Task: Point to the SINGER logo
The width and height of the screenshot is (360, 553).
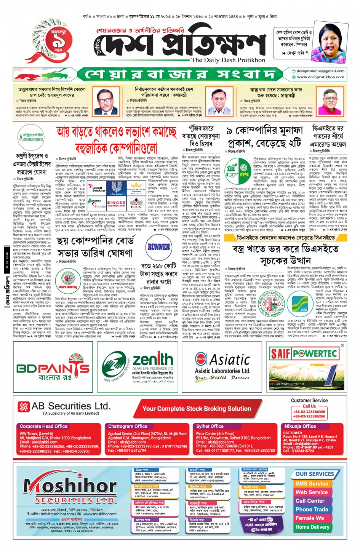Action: click(116, 203)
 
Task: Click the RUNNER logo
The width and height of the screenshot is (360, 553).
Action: click(158, 248)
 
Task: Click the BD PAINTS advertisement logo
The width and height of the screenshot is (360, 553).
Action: click(53, 369)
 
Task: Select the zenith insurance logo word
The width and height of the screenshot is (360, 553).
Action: click(152, 359)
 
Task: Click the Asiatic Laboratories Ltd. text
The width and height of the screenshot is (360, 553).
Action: click(222, 371)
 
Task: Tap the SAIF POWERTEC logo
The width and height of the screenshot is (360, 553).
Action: click(304, 353)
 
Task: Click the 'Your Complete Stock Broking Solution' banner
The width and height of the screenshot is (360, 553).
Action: click(197, 409)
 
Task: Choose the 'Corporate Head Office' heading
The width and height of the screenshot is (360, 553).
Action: click(43, 426)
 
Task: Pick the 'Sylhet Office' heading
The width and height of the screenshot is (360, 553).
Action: click(210, 426)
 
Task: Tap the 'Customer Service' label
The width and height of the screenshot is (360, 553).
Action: click(309, 400)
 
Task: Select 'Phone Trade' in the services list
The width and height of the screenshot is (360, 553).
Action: click(312, 509)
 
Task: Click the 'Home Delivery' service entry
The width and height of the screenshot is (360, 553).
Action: click(312, 527)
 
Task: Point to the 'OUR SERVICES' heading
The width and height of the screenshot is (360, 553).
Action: click(315, 474)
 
